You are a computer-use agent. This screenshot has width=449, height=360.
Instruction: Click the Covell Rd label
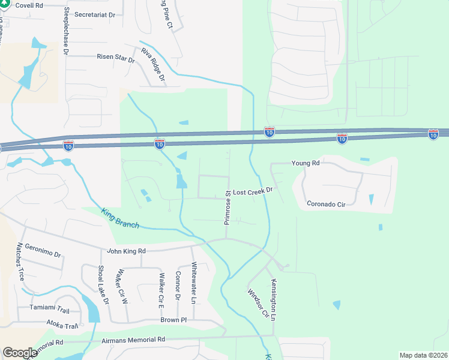pos(29,5)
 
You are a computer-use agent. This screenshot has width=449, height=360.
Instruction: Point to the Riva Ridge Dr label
pos(154,64)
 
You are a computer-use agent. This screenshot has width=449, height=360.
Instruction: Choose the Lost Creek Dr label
pos(253,190)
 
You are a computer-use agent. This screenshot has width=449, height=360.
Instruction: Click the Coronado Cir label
pos(326,204)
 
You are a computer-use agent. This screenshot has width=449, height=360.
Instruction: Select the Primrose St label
pos(228,207)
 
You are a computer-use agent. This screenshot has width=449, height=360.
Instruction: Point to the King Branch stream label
pos(121,218)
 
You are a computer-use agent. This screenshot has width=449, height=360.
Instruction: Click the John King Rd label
pos(126,251)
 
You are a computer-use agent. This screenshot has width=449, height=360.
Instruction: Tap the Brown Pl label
pos(173,320)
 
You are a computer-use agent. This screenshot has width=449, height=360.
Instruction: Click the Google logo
pos(20,353)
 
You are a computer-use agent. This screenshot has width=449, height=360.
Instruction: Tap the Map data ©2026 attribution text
pos(423,355)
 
